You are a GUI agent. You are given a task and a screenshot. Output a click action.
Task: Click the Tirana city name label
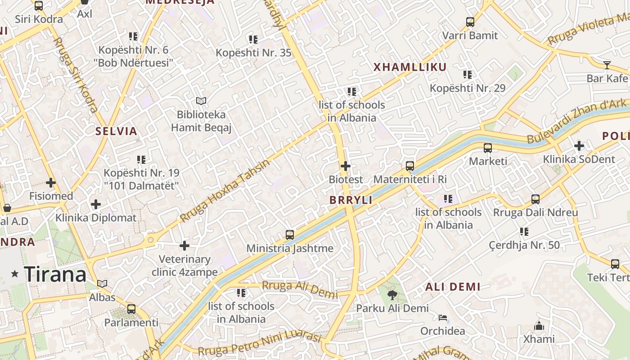click(x=55, y=274)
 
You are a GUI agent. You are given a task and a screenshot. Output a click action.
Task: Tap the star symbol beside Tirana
click(x=15, y=274)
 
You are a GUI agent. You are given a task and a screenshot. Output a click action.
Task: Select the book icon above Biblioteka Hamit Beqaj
click(x=201, y=101)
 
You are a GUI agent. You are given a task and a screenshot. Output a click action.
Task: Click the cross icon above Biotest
click(x=346, y=166)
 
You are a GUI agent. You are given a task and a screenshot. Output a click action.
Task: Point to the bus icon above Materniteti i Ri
click(x=409, y=166)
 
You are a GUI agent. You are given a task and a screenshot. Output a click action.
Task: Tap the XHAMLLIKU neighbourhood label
click(x=410, y=67)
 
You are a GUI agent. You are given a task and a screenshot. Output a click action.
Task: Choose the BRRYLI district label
click(x=351, y=200)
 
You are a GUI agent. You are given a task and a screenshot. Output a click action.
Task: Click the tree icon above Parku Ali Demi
click(x=392, y=295)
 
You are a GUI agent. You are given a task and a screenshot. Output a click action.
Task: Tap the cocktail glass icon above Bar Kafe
click(x=607, y=65)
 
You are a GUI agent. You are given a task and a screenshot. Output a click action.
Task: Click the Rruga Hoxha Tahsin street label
click(x=225, y=191)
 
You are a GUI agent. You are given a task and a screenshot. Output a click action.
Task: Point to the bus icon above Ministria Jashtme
click(x=290, y=235)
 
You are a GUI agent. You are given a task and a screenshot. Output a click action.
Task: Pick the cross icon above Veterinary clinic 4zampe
click(x=184, y=246)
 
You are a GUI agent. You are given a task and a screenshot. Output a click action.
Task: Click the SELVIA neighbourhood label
click(x=116, y=131)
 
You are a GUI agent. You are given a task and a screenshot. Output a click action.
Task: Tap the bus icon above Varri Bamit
click(x=470, y=22)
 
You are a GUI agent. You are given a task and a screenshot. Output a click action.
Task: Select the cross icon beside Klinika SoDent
click(x=579, y=146)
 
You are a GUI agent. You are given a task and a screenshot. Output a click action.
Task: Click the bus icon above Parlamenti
click(x=131, y=309)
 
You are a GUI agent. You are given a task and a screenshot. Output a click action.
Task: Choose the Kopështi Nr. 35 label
click(x=253, y=53)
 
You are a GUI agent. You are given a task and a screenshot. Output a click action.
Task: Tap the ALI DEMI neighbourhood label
click(x=453, y=287)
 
